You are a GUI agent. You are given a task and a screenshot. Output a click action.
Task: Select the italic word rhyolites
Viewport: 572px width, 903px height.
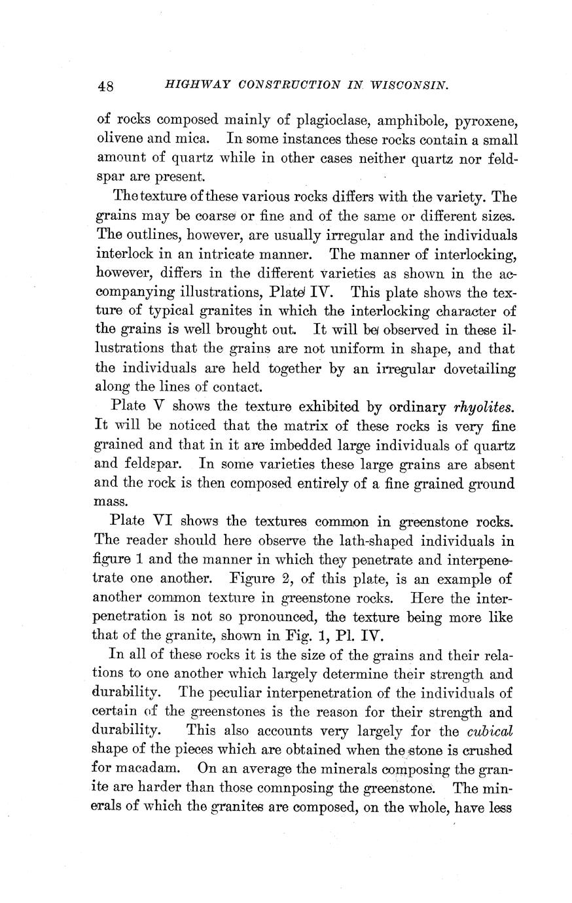click(x=483, y=407)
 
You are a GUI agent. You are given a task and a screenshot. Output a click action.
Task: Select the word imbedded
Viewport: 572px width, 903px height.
click(x=288, y=445)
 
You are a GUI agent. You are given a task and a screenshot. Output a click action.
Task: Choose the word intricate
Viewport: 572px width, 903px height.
click(x=221, y=254)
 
